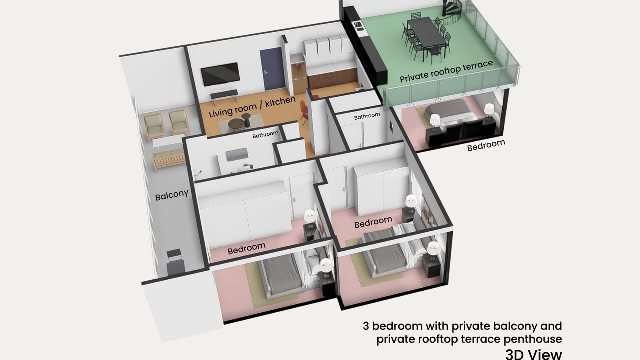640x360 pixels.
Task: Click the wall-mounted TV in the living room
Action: (x=220, y=74)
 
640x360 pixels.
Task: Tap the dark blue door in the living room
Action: (x=272, y=69)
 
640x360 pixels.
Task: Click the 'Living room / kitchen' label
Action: (x=252, y=107)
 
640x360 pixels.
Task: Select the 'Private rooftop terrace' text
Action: (x=446, y=71)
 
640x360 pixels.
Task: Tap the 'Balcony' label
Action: (x=172, y=195)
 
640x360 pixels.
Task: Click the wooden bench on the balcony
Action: (x=168, y=159)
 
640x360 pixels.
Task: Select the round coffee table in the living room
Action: (x=237, y=125)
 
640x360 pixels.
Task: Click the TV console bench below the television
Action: (x=224, y=96)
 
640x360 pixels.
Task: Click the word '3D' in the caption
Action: (x=515, y=355)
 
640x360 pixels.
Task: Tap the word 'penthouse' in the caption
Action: (x=533, y=340)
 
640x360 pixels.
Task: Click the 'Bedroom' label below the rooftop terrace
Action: (x=486, y=145)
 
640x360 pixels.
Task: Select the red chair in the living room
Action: (x=304, y=111)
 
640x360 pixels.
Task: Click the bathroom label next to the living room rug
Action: (x=265, y=135)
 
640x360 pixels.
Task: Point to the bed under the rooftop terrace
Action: (x=450, y=114)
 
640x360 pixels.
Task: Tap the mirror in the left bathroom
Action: (x=237, y=154)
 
